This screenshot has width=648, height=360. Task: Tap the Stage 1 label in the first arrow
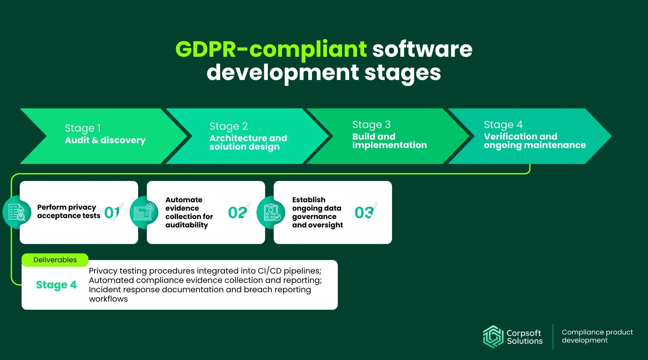[83, 128]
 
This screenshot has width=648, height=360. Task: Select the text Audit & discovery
[105, 140]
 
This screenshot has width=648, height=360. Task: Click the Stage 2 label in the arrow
[228, 126]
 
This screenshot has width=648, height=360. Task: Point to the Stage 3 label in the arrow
[371, 125]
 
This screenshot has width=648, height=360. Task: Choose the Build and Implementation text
[390, 141]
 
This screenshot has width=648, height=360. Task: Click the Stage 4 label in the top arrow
[503, 125]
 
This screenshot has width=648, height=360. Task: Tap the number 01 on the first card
[112, 213]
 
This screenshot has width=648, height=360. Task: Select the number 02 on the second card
[238, 213]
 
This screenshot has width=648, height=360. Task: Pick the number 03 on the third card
[364, 213]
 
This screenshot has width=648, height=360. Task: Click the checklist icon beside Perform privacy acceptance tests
[17, 212]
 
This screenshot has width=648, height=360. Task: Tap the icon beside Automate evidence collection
[144, 212]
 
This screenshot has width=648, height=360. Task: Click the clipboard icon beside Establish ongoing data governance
[271, 212]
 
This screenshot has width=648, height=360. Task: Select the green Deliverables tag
[55, 260]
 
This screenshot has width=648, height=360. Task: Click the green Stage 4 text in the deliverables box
[56, 285]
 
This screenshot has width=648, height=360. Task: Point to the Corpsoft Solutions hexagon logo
[493, 337]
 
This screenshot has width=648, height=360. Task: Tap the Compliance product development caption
[597, 336]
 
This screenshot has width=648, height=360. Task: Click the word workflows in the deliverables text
[108, 299]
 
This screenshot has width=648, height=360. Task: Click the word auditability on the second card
[187, 225]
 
